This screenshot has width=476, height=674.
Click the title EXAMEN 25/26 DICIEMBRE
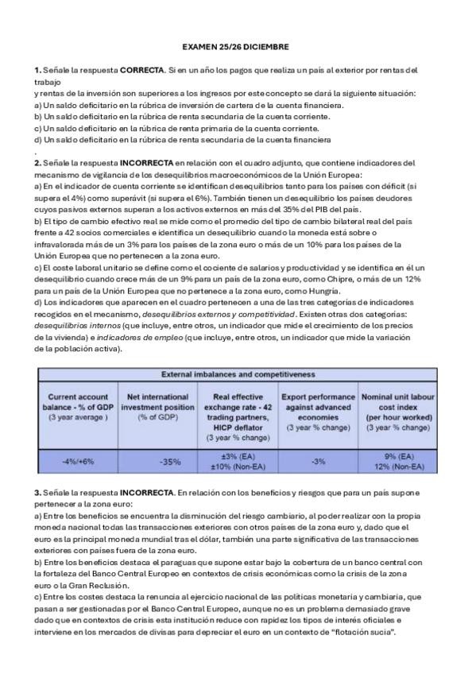coord(236,48)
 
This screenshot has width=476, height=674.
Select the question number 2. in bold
coord(37,163)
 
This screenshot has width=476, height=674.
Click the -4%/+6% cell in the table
coord(77,461)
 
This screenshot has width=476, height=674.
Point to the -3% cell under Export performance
coord(318,461)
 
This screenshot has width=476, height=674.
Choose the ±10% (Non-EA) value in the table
coord(238,467)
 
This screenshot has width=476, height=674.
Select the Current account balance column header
coord(77,405)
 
